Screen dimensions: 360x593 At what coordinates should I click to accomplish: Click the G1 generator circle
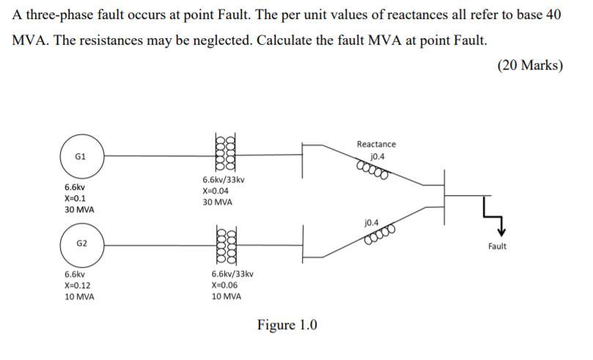[81, 156]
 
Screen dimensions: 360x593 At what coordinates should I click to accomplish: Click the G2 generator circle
[81, 243]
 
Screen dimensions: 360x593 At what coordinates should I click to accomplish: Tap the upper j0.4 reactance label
[377, 156]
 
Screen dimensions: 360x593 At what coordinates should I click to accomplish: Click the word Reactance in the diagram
[376, 144]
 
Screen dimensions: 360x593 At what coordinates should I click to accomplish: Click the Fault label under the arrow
[497, 246]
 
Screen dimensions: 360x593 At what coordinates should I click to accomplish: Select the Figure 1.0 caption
[287, 325]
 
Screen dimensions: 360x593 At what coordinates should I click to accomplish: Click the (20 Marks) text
[529, 65]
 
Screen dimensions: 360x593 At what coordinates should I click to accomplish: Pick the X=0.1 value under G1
[75, 198]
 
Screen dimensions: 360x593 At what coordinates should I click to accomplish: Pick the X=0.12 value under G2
[77, 285]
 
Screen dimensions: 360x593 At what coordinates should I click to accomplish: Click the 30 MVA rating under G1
[79, 210]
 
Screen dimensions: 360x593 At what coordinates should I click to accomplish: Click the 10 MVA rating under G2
[79, 297]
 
